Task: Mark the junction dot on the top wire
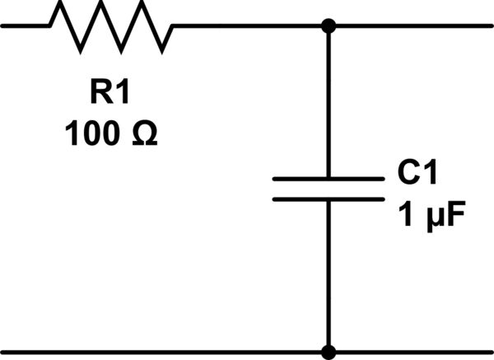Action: pyautogui.click(x=329, y=26)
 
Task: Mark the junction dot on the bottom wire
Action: pyautogui.click(x=329, y=353)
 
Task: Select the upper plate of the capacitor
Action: pyautogui.click(x=328, y=178)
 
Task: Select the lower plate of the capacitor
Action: pyautogui.click(x=328, y=199)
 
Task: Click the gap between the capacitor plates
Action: pyautogui.click(x=328, y=189)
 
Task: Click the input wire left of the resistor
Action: pyautogui.click(x=25, y=26)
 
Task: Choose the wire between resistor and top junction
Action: pyautogui.click(x=247, y=26)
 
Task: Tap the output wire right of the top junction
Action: pyautogui.click(x=412, y=26)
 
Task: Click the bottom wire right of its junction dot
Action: pyautogui.click(x=412, y=353)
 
